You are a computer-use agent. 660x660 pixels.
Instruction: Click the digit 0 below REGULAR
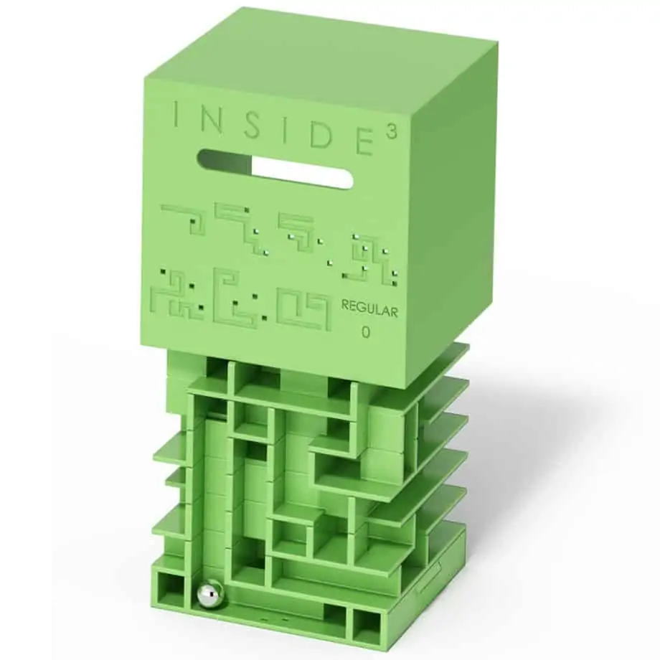tap(366, 333)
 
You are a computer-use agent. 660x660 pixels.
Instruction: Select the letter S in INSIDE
tap(254, 126)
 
